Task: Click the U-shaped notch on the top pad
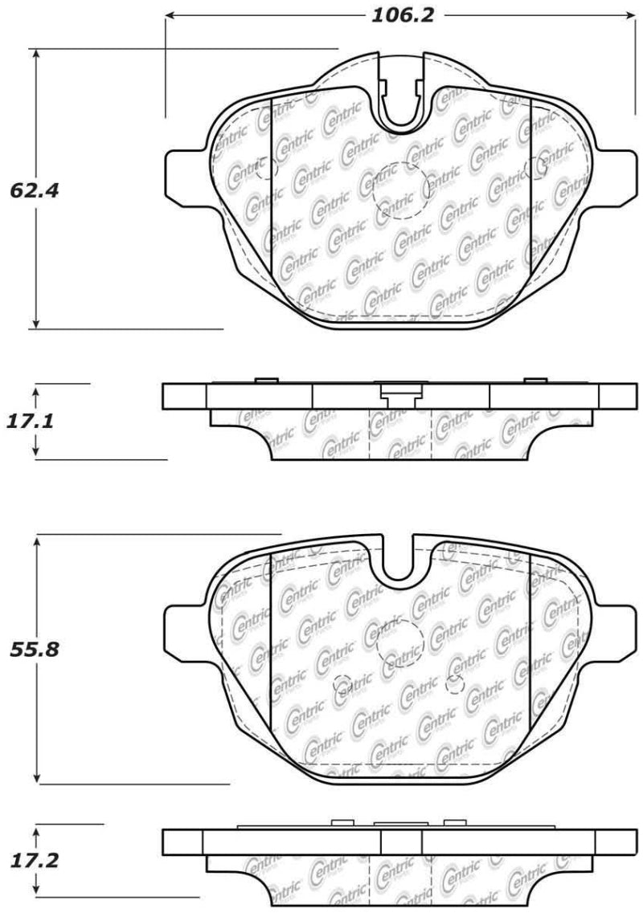pyautogui.click(x=402, y=104)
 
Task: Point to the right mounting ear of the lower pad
pyautogui.click(x=620, y=629)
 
